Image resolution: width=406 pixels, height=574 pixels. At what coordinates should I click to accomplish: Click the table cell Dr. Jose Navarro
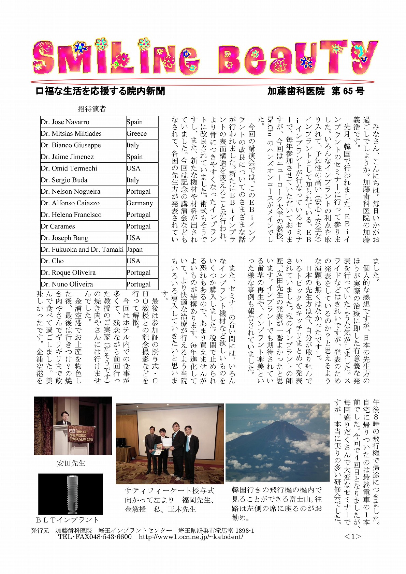[x=65, y=122]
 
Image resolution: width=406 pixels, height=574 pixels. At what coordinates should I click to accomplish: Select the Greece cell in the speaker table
[x=136, y=134]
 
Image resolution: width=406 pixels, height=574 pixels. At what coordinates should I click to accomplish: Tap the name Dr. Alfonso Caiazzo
[x=70, y=203]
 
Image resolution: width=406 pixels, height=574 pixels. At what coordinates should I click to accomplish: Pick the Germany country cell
[x=140, y=203]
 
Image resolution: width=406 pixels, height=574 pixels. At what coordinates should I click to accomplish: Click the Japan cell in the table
[x=135, y=250]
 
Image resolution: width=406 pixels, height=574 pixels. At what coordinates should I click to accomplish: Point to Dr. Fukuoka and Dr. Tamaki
[x=82, y=250]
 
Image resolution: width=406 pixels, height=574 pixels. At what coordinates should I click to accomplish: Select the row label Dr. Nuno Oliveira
[x=67, y=284]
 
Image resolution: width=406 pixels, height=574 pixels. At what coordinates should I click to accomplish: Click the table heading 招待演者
[x=92, y=109]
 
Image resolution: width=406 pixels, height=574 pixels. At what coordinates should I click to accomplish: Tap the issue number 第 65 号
[x=348, y=91]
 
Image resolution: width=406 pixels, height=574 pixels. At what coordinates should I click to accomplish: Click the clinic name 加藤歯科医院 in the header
[x=296, y=91]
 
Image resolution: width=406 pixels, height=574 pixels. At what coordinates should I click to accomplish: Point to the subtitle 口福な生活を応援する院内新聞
[x=100, y=91]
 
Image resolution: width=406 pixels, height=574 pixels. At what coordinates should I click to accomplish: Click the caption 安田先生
[x=71, y=463]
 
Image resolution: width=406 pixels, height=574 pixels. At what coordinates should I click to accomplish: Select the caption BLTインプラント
[x=68, y=520]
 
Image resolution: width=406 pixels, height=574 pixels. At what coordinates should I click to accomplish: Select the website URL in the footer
[x=191, y=537]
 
